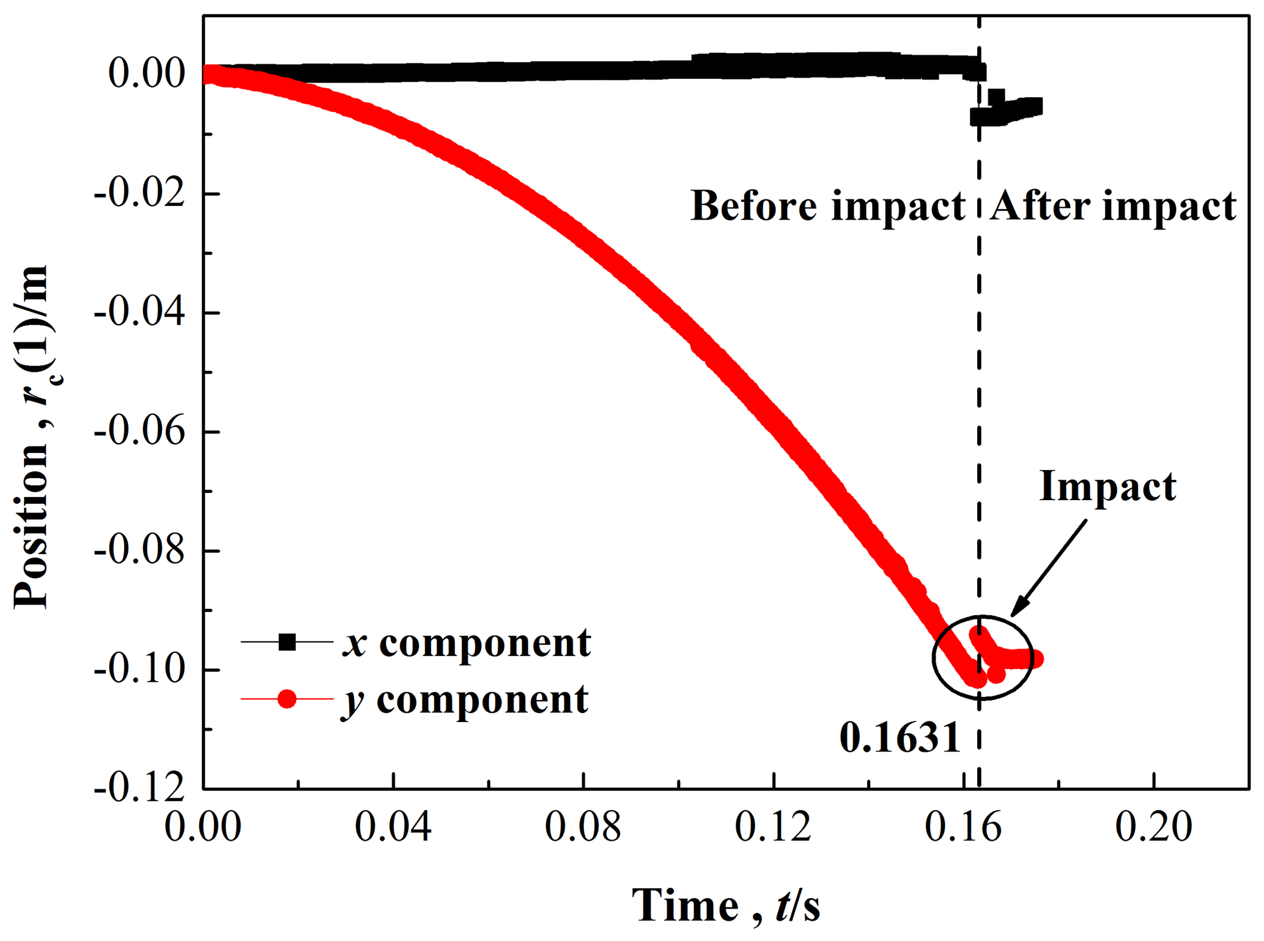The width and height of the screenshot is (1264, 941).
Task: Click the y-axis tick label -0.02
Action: coord(139,194)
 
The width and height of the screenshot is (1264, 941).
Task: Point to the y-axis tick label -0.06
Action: coord(139,432)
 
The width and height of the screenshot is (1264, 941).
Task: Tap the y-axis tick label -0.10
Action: coord(139,671)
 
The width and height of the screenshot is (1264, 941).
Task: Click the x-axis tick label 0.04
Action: coord(393,827)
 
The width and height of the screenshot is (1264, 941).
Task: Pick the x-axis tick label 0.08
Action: coord(583,827)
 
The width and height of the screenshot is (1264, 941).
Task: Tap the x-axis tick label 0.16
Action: coord(963,827)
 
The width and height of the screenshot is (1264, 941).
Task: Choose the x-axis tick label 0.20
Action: coord(1153,827)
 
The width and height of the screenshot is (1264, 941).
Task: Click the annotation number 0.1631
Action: coord(900,738)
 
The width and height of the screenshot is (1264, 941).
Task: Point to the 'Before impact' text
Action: coord(827,206)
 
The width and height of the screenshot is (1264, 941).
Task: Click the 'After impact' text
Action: coord(1113,206)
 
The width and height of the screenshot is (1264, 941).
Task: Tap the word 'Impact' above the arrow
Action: coord(1107,487)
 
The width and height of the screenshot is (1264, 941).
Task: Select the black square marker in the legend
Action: coord(287,642)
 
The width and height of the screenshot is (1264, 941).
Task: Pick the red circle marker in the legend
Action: coord(287,699)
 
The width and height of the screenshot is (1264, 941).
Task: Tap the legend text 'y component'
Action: coord(465,700)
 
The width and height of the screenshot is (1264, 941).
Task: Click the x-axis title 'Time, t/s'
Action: coord(726,906)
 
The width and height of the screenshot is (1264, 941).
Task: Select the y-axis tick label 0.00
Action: coord(147,74)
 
